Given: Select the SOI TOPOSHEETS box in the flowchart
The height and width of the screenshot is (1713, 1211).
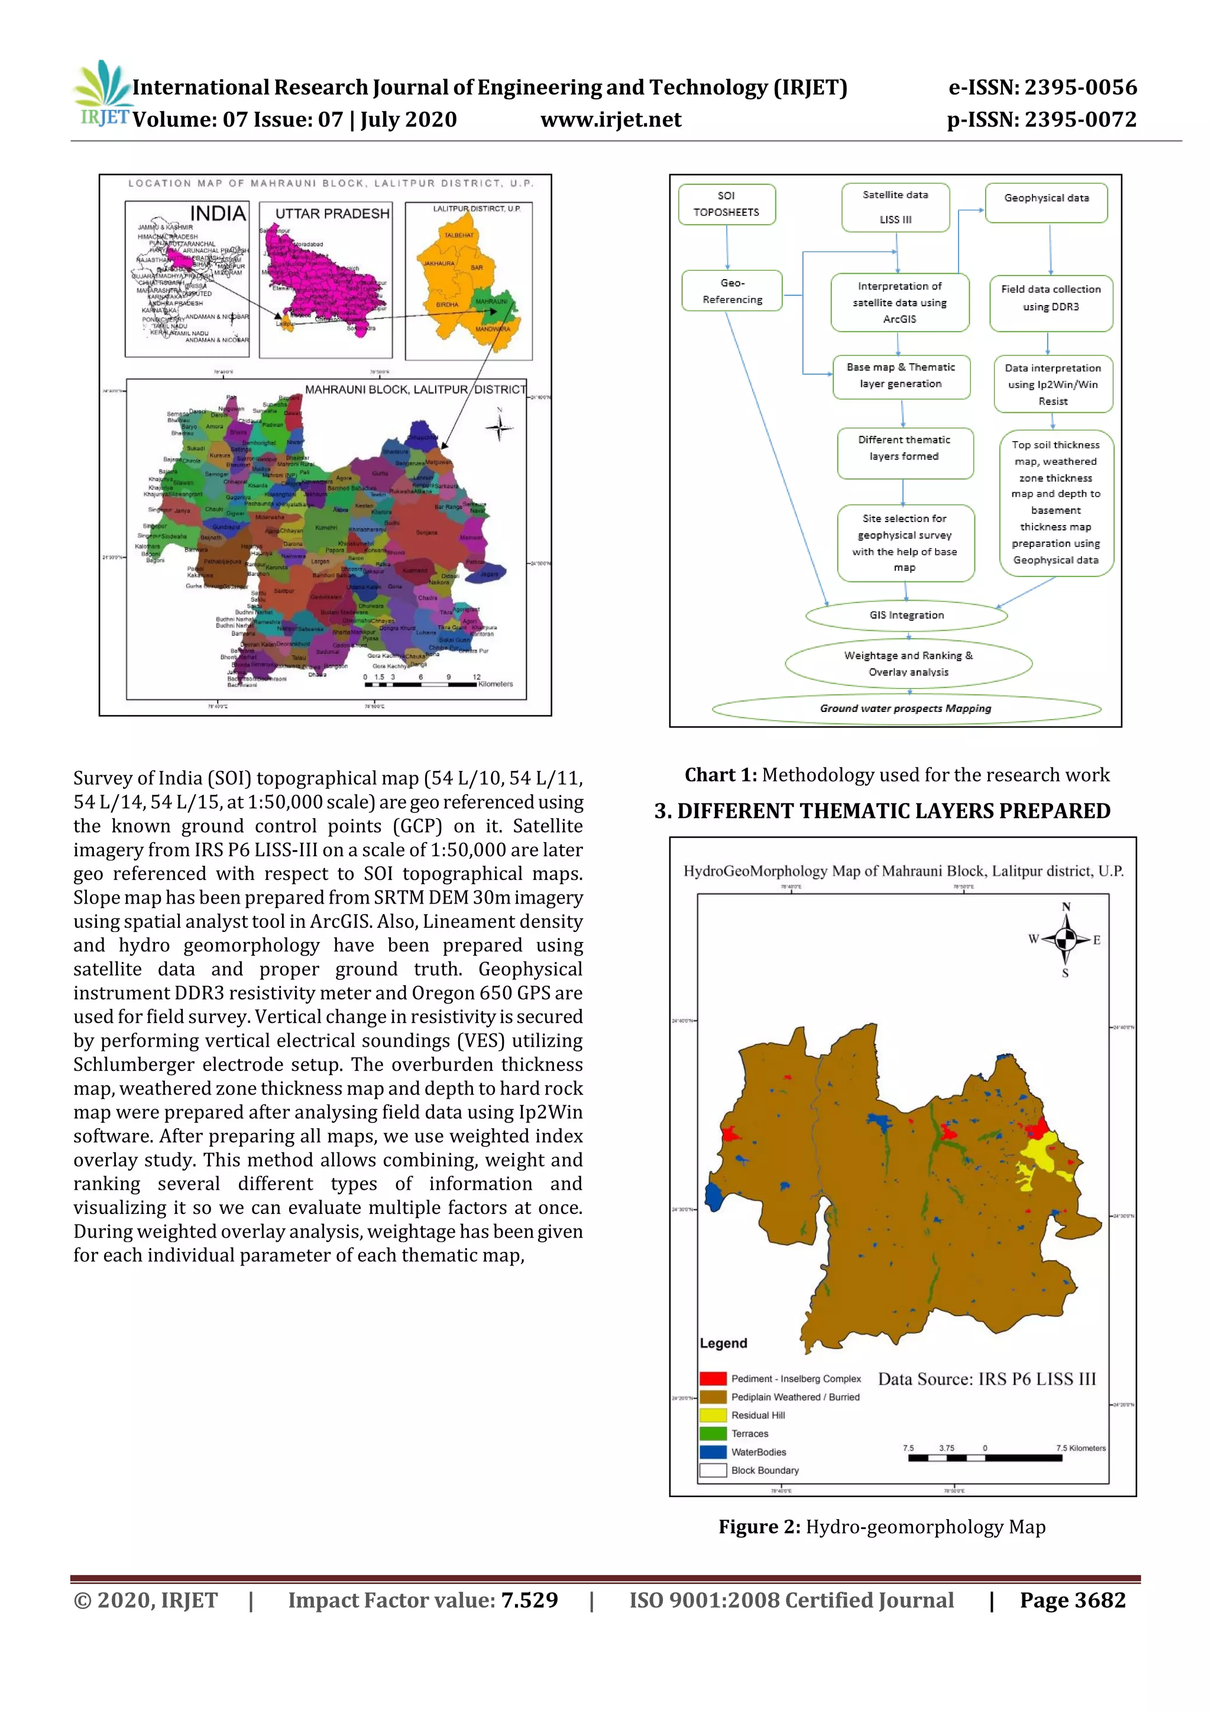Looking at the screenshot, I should coord(726,203).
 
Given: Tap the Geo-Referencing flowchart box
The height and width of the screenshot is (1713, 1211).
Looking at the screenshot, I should coord(731,291).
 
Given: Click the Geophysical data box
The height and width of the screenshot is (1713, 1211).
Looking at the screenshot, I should coord(1045,199).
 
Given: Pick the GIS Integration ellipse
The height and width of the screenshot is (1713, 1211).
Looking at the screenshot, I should coord(906,615).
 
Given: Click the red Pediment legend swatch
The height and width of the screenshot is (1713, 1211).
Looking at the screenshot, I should coord(713,1378).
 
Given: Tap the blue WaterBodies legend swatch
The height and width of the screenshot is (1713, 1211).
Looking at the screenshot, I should coord(713,1451).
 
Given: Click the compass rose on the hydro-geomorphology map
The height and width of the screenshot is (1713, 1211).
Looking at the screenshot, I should coord(1066,940).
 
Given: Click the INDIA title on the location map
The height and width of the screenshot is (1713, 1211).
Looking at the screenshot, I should coord(218,213).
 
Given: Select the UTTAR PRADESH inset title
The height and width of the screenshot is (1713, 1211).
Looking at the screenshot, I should coord(332,213).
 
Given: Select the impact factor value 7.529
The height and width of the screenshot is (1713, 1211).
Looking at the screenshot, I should coord(529,1599).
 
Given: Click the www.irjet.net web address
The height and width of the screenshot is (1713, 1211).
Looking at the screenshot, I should coord(610,119).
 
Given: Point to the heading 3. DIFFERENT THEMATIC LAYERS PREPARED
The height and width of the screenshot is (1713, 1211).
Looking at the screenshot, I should coord(882,811).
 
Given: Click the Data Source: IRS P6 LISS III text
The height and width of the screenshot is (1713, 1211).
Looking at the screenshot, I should coord(986,1379).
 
